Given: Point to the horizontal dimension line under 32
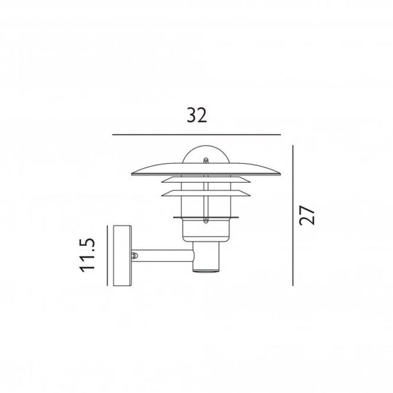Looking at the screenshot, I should [x=196, y=135].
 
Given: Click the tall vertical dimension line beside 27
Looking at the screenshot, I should [x=293, y=215].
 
